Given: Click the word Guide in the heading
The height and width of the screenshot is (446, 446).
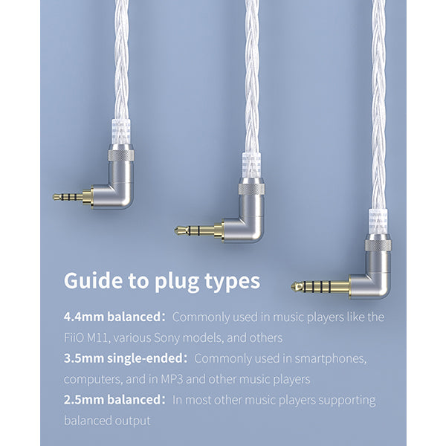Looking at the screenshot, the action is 92,281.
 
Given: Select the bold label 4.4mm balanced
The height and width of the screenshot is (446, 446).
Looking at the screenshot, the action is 113,317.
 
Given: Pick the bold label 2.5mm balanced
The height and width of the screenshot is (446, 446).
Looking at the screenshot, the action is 113,400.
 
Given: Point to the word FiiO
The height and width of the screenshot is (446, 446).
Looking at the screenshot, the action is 74,337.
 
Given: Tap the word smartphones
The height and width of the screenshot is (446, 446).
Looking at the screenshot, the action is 331,359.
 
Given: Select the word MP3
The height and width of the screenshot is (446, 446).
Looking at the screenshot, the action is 172,379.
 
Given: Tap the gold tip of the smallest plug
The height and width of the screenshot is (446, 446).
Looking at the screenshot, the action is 56,197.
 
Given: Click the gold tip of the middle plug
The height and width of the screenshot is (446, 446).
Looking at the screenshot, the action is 179,230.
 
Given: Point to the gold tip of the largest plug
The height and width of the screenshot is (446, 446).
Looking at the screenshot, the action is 297,286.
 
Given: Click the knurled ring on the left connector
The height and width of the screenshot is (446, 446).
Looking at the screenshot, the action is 121,155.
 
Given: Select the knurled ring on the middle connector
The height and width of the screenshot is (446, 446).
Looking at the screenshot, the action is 251,189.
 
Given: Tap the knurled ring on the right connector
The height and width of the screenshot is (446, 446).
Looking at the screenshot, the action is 378,245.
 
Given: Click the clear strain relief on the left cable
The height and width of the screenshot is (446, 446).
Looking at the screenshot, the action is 121,132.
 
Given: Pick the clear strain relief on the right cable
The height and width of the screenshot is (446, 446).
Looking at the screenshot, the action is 378,222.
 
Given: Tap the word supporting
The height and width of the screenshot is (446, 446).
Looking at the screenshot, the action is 346,401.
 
